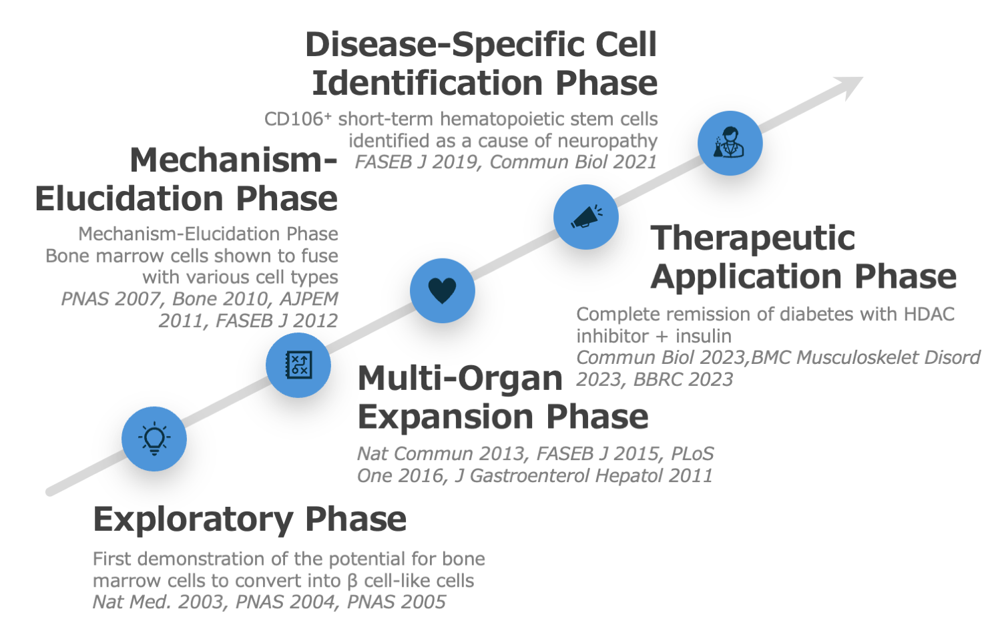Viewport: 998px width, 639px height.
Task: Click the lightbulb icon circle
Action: coord(154,439)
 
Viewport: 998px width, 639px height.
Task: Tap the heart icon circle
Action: coord(442,290)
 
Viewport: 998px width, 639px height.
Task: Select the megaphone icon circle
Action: coord(586,217)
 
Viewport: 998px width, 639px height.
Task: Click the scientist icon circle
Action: coord(730,143)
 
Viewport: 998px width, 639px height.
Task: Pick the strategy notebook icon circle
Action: coord(298,365)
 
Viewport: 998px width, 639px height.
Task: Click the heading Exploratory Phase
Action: coord(250,519)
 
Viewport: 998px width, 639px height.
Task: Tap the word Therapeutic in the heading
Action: coord(752,238)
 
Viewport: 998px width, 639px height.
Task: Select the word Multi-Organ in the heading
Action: coord(460,379)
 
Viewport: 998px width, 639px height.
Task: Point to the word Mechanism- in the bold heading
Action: coord(233,160)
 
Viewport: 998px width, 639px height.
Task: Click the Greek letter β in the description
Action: coord(352,581)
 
